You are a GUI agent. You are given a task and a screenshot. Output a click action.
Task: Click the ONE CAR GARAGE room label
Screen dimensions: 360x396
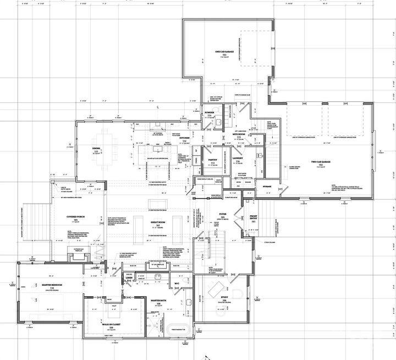point(224,52)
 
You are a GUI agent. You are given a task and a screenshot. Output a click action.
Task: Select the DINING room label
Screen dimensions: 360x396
point(97,149)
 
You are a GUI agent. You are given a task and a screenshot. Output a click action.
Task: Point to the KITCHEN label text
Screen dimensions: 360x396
point(185,138)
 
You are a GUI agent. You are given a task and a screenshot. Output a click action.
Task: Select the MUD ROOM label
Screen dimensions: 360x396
point(239,134)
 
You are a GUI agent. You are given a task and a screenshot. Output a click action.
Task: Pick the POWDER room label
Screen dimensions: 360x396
point(209,112)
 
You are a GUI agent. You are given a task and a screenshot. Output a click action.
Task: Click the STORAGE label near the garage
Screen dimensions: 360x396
point(267,187)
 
